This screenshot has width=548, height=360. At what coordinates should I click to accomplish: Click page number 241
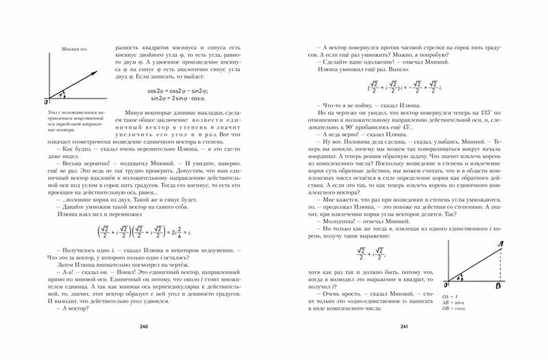pos(403,327)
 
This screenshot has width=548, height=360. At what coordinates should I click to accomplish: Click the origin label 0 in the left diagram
pos(46,102)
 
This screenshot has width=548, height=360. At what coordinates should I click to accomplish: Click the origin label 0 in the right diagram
pos(444,286)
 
